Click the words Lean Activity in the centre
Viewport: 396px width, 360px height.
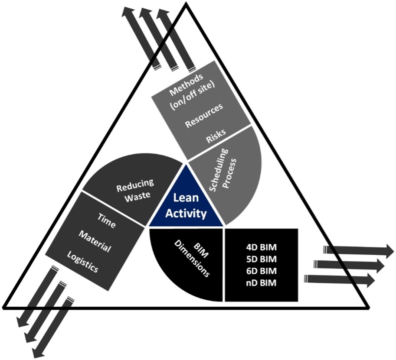(x=187, y=206)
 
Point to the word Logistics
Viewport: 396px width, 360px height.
(x=83, y=262)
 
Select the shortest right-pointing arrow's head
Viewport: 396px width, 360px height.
(x=370, y=279)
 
